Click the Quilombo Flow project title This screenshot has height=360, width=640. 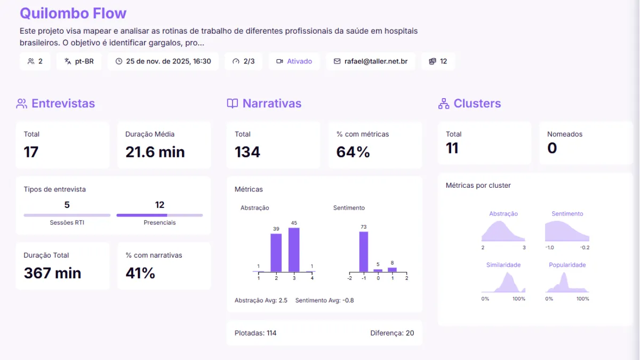pyautogui.click(x=73, y=13)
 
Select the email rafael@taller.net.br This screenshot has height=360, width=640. pyautogui.click(x=371, y=61)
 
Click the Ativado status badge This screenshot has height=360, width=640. pyautogui.click(x=294, y=61)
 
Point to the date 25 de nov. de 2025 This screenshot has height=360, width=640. pyautogui.click(x=163, y=61)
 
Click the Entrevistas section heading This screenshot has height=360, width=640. pyautogui.click(x=63, y=103)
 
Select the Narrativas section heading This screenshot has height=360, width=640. pyautogui.click(x=271, y=103)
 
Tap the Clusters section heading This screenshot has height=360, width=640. pyautogui.click(x=477, y=103)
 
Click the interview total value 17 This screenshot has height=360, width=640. pyautogui.click(x=31, y=152)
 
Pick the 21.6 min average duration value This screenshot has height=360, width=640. pyautogui.click(x=155, y=152)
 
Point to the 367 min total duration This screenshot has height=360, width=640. pyautogui.click(x=53, y=273)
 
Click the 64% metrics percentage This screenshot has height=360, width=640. pyautogui.click(x=353, y=152)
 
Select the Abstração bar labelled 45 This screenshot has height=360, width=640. pyautogui.click(x=294, y=250)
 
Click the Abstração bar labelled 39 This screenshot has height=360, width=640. pyautogui.click(x=276, y=253)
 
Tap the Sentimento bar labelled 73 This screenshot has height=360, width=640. pyautogui.click(x=364, y=251)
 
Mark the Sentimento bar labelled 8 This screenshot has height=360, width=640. pyautogui.click(x=392, y=269)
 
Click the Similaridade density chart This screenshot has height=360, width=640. pyautogui.click(x=503, y=283)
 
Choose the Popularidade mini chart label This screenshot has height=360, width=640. pyautogui.click(x=567, y=265)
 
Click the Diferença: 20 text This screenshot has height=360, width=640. pyautogui.click(x=392, y=333)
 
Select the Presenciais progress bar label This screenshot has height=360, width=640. pyautogui.click(x=159, y=222)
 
